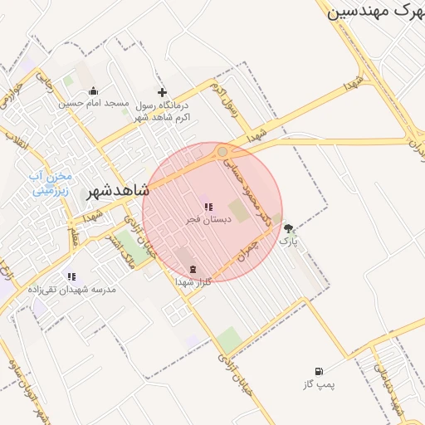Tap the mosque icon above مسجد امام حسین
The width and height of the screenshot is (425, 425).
coord(93,91)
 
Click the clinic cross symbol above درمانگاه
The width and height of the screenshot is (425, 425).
coord(162,92)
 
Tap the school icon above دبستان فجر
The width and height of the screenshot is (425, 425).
coord(208,207)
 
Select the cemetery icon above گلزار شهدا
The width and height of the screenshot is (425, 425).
coord(193,269)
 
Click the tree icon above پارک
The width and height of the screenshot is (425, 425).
coord(288,228)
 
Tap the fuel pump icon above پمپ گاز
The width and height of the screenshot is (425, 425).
coord(319,372)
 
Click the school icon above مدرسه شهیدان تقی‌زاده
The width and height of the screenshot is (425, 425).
coord(71,276)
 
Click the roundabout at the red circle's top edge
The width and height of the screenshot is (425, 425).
coord(222,152)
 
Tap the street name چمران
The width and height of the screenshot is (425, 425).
coord(247,252)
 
